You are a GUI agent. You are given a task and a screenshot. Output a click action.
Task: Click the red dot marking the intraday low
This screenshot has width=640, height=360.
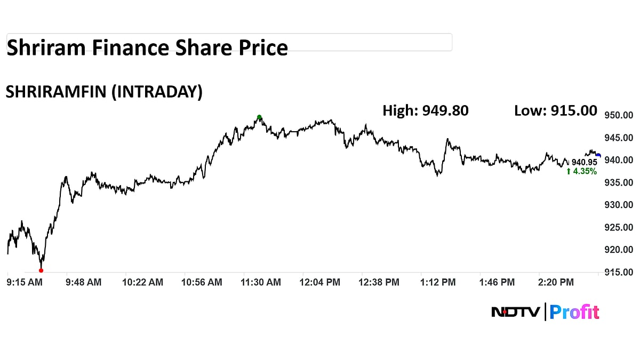41,270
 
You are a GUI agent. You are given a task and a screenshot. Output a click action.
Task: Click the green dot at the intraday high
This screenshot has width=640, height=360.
259,117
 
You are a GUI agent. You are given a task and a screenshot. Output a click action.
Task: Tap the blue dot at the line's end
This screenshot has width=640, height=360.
598,156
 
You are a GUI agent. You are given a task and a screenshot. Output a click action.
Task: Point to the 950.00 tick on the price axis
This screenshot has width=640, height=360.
619,115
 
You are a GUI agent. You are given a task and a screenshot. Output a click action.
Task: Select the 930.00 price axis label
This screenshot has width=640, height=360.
619,205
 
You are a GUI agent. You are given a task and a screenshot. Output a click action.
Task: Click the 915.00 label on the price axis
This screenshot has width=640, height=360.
619,273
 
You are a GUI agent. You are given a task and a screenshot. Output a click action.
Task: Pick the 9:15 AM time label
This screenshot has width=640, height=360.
25,283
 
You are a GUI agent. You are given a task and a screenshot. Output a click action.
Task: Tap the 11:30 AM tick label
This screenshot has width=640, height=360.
261,283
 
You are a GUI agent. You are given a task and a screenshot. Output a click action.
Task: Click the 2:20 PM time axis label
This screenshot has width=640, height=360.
556,283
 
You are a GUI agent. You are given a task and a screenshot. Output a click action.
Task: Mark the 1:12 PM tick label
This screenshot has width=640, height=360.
437,283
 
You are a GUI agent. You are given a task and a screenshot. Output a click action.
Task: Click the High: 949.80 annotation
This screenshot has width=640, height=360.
426,110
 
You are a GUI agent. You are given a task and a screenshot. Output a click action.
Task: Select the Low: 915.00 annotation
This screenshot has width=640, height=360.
556,110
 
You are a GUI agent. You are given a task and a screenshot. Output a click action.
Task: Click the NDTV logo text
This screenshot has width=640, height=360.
515,312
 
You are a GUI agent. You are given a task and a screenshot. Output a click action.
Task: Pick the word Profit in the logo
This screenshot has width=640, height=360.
574,312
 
